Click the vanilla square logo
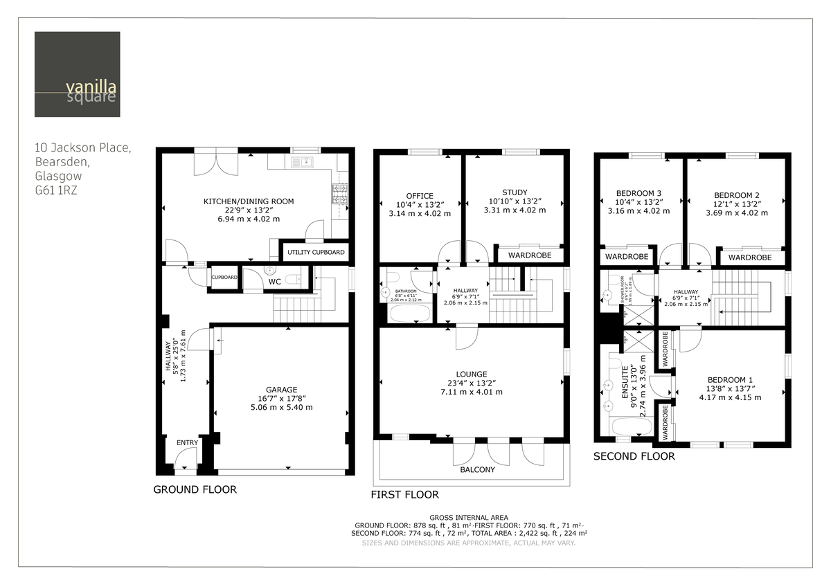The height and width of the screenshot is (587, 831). (77, 74)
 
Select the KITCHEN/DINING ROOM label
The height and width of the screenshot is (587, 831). (248, 201)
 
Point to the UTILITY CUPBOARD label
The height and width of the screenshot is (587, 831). (316, 252)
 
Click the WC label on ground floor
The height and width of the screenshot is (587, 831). (275, 282)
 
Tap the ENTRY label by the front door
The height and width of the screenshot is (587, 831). (187, 443)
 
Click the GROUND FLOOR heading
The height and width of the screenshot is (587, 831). (195, 489)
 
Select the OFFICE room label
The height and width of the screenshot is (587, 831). (420, 196)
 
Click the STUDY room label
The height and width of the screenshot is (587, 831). (515, 192)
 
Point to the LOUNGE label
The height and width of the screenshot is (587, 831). (472, 374)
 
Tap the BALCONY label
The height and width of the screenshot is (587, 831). (478, 470)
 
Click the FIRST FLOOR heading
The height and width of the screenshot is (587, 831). (404, 494)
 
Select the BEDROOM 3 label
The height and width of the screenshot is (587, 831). (638, 193)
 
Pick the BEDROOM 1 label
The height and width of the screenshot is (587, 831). (730, 379)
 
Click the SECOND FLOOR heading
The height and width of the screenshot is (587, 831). (634, 456)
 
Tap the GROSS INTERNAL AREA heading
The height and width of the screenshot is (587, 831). (469, 518)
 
